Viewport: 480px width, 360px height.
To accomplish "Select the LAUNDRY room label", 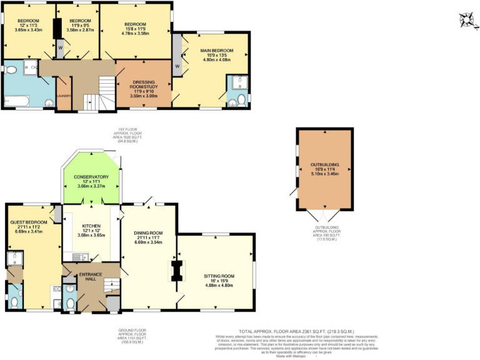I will pos(64,96).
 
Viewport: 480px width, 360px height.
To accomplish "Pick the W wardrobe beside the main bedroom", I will pos(177,66).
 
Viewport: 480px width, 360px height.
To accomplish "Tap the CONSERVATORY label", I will pos(91,177).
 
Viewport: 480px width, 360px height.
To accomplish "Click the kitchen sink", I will pos(79,256).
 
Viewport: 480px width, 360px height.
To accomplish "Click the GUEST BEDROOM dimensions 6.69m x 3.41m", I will pos(27,231).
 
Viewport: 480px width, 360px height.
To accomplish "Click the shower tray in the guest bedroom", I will pos(14,259).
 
